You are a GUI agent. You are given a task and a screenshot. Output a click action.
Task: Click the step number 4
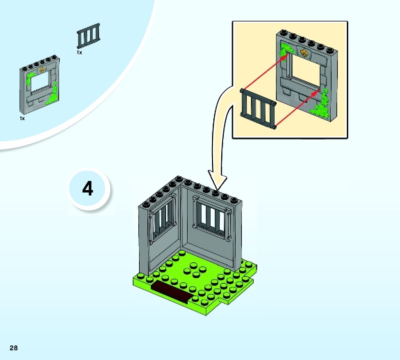[88, 189]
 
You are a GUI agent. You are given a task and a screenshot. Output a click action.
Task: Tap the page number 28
[14, 348]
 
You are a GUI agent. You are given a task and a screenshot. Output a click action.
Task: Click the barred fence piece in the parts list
[88, 36]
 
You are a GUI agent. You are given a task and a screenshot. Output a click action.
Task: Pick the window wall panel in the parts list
[39, 84]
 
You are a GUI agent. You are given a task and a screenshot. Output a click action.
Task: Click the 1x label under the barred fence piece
[80, 52]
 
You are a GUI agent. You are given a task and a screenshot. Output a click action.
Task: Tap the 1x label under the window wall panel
[22, 118]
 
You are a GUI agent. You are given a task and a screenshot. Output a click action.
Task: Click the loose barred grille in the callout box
[258, 108]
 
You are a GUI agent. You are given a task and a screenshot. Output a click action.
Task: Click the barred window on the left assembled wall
[163, 219]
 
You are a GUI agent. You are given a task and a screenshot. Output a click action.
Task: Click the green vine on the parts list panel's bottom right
[53, 95]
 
